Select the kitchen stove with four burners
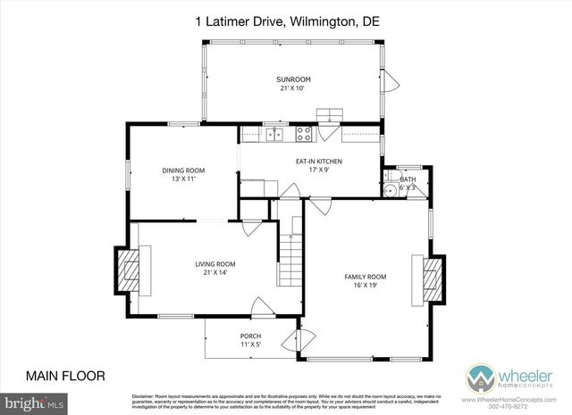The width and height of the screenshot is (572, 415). (303, 135)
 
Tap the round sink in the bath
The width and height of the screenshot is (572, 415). (390, 190)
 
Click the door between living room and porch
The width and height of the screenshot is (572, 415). (261, 309)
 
